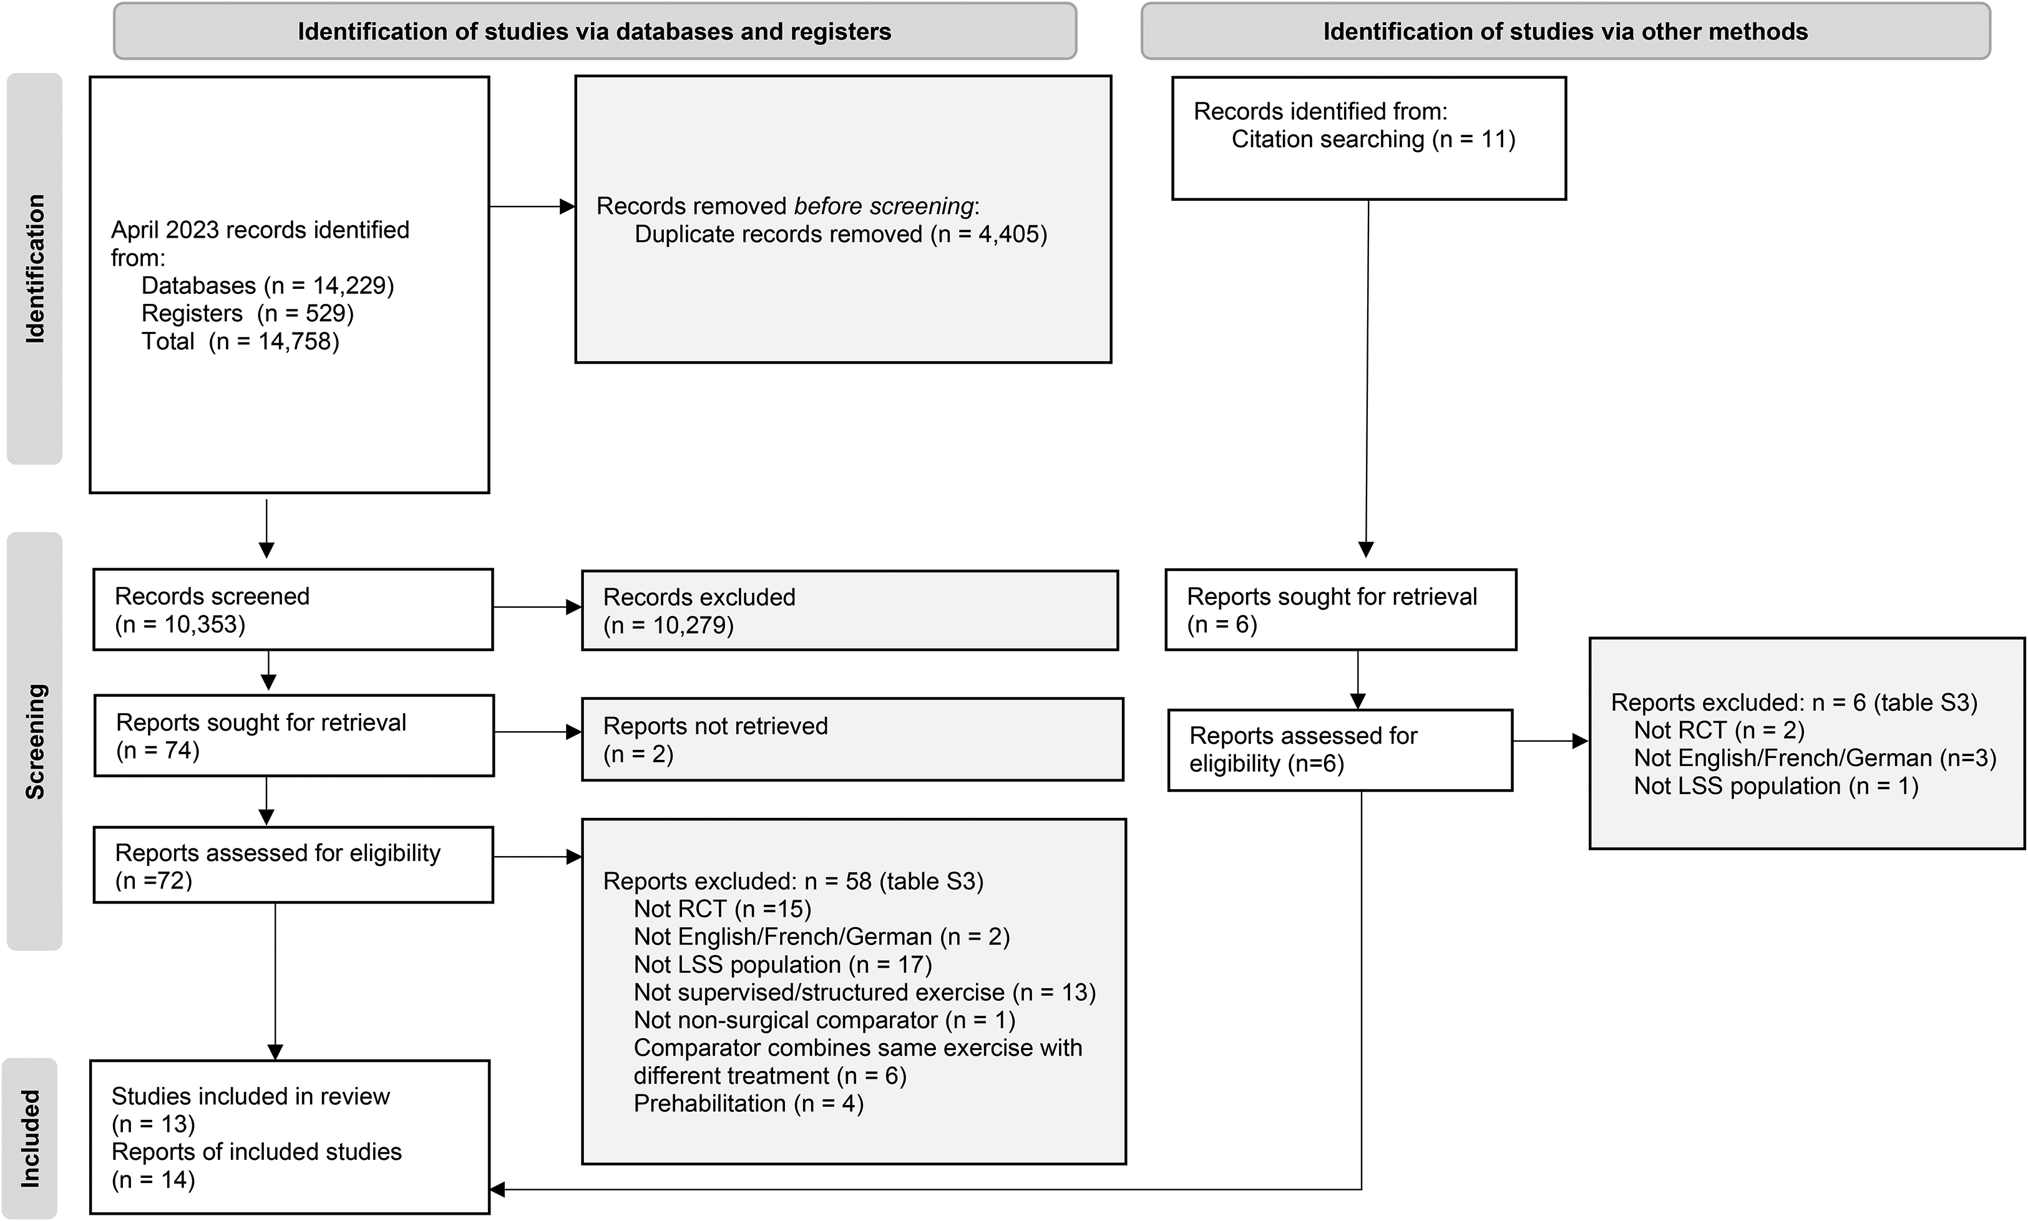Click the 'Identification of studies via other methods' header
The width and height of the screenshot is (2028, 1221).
click(1565, 31)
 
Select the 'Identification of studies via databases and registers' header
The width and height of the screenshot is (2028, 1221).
click(594, 31)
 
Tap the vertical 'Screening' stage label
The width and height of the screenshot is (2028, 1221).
click(34, 741)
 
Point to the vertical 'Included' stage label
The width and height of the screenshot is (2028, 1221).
click(31, 1139)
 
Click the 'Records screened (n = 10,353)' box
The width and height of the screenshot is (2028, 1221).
click(293, 610)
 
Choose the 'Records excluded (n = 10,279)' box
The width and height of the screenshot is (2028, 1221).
click(850, 610)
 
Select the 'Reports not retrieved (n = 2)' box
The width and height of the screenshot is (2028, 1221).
click(852, 739)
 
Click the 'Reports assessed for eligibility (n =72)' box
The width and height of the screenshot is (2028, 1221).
click(293, 865)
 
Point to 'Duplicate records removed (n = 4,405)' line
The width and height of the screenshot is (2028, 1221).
click(841, 235)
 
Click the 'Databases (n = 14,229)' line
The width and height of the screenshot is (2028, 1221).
click(267, 286)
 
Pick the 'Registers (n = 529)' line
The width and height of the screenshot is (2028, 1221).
click(248, 313)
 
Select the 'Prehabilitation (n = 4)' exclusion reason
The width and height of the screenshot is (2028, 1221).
click(749, 1103)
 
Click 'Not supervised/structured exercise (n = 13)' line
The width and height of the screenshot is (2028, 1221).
click(865, 992)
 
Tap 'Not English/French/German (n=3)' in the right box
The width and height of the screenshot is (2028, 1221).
click(1815, 758)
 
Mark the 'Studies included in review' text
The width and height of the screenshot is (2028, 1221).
click(250, 1096)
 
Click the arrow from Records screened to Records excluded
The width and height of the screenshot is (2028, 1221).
click(537, 607)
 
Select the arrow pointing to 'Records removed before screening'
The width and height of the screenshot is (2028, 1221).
click(532, 207)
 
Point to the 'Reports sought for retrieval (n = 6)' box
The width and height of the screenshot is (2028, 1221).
click(1341, 610)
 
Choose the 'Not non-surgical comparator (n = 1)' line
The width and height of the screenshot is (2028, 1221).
click(824, 1020)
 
